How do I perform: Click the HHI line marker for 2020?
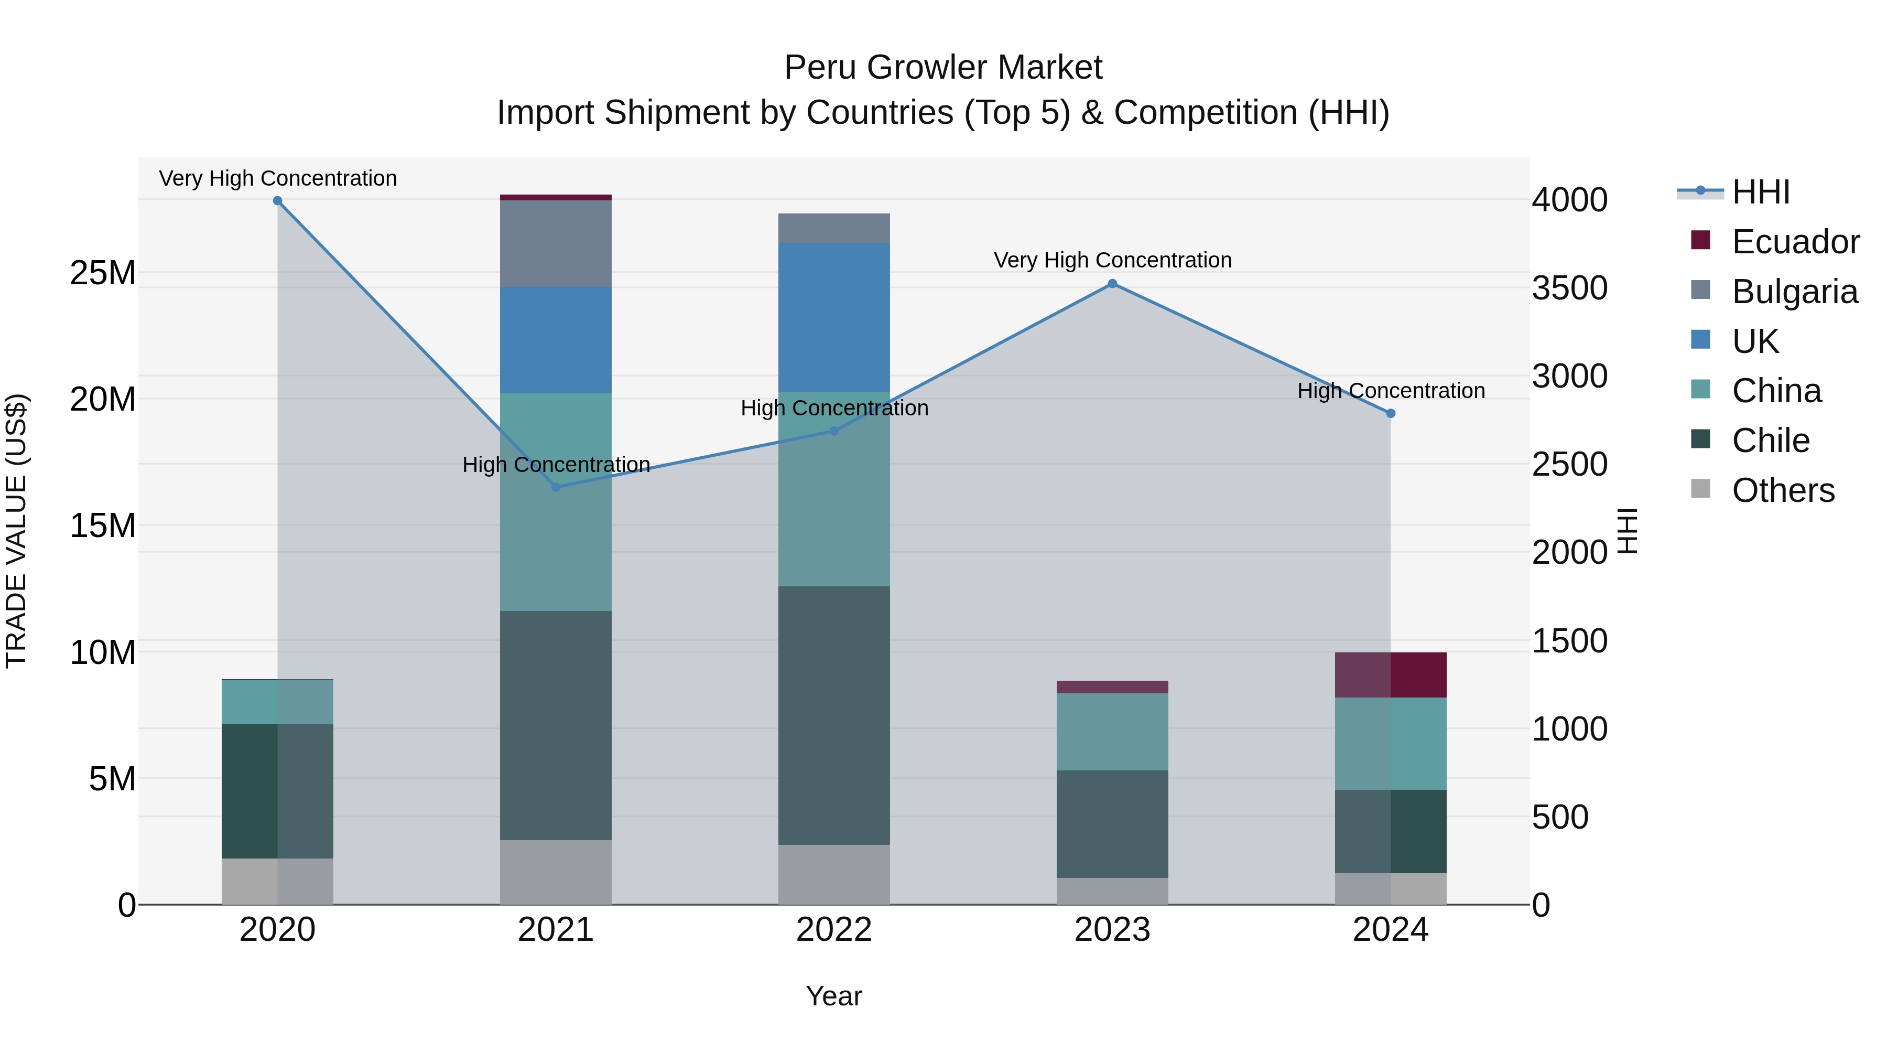coord(278,201)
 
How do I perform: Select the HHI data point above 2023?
coord(1112,284)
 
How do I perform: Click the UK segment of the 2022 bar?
coord(833,317)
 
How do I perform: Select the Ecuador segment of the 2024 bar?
coord(1390,675)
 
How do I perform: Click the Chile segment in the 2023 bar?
coord(1112,824)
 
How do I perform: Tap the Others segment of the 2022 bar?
coord(833,874)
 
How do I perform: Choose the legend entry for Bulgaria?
coord(1795,292)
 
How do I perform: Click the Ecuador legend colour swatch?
coord(1700,240)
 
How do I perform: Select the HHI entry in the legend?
coord(1760,192)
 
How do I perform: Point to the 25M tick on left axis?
coord(103,273)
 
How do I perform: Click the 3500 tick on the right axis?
coord(1569,288)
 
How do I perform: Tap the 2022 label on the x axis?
coord(833,930)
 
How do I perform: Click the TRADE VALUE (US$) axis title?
coord(17,531)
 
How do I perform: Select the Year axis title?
coord(833,996)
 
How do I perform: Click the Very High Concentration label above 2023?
coord(1112,260)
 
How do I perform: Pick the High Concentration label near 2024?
coord(1390,391)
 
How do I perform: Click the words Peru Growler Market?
coord(943,68)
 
